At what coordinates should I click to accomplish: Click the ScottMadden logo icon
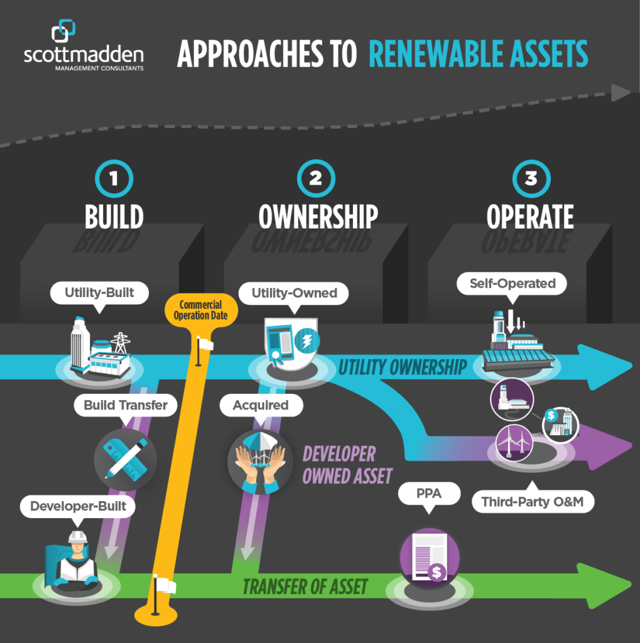tap(63, 31)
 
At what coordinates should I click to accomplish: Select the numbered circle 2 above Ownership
tap(315, 178)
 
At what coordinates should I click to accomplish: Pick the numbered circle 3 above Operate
tap(530, 178)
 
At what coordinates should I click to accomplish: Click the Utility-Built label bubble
tap(99, 292)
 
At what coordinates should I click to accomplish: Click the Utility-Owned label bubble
tap(294, 293)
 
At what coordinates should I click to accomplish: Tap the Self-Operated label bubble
tap(513, 283)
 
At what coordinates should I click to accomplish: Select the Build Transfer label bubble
tap(126, 405)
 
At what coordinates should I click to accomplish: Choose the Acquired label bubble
tap(261, 405)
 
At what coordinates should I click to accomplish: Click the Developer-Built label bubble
tap(77, 505)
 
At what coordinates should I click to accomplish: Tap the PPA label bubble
tap(429, 494)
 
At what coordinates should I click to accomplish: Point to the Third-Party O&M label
tap(533, 502)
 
